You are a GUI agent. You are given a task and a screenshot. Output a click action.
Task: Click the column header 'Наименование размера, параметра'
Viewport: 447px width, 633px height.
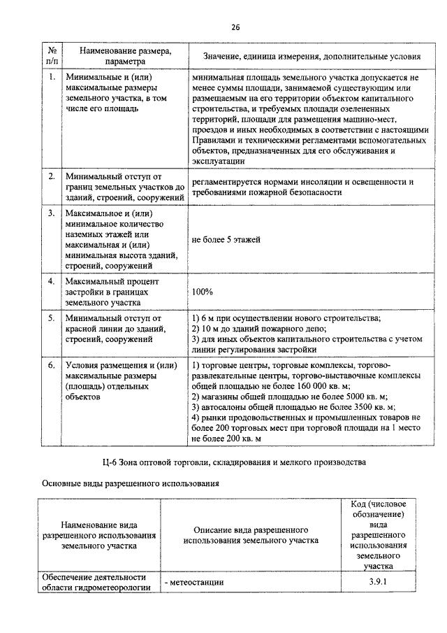pyautogui.click(x=124, y=55)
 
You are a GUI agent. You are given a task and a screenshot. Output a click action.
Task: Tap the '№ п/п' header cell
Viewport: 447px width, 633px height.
pyautogui.click(x=52, y=55)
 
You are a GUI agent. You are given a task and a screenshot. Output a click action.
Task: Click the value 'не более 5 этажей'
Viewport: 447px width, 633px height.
pyautogui.click(x=226, y=240)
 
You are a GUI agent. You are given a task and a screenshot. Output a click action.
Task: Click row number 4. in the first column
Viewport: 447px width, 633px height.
pyautogui.click(x=52, y=281)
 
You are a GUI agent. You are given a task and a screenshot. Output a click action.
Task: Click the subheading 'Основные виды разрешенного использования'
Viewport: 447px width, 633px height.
pyautogui.click(x=131, y=483)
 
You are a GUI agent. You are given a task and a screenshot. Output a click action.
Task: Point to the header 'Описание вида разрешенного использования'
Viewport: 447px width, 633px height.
pyautogui.click(x=251, y=535)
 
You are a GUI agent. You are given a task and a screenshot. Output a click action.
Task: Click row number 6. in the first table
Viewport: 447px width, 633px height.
pyautogui.click(x=52, y=365)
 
